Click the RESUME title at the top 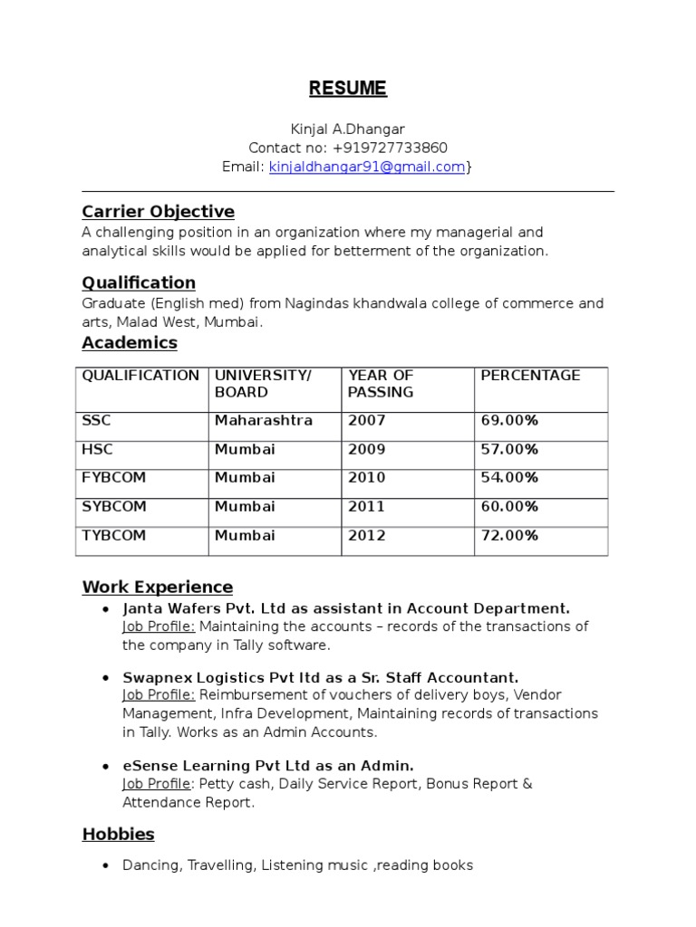coord(347,89)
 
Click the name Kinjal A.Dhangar coord(347,129)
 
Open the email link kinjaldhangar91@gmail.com coord(367,167)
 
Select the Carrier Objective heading coord(158,212)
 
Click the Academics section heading coord(130,343)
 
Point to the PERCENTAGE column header coord(530,376)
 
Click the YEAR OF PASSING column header coord(381,384)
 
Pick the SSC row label coord(97,420)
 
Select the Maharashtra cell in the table coord(264,420)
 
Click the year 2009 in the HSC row coord(366,449)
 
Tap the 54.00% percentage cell coord(509,477)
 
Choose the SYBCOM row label coord(114,506)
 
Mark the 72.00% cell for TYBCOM coord(509,535)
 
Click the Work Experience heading coord(158,587)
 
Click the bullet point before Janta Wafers coord(107,609)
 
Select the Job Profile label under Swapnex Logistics coord(159,695)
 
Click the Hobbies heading coord(119,834)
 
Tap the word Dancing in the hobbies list coord(151,865)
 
